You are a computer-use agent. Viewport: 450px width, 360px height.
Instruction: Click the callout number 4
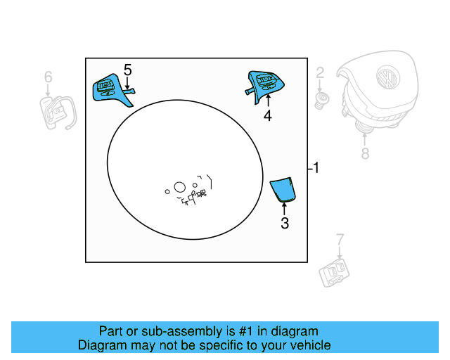click(267, 117)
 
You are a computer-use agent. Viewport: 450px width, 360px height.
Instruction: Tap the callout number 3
click(284, 224)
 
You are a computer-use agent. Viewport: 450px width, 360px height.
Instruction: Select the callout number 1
click(316, 168)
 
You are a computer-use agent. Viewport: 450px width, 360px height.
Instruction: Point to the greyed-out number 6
click(48, 75)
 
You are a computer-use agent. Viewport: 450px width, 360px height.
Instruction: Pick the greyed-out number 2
click(319, 72)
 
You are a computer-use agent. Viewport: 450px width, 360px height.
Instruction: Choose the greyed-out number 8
click(364, 153)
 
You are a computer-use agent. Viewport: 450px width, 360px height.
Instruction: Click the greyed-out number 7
click(339, 239)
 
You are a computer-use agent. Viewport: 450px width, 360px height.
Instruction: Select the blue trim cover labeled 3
click(284, 188)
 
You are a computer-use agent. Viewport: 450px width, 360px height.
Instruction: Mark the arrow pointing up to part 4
click(267, 101)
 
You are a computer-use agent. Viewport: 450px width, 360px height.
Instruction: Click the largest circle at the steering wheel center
click(179, 187)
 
